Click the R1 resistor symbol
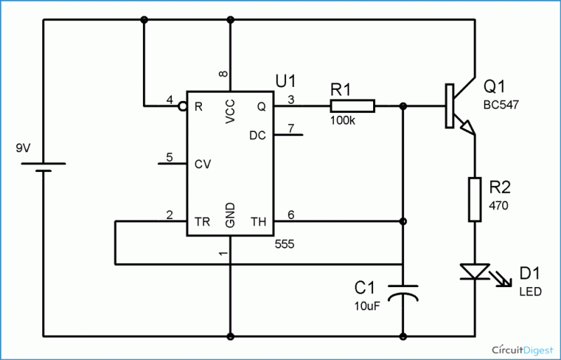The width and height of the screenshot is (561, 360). [x=353, y=107]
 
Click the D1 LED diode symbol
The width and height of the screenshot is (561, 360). [x=475, y=272]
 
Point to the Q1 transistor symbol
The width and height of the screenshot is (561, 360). [x=457, y=107]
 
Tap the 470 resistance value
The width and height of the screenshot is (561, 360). [x=498, y=205]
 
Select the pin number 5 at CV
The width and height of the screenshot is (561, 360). [x=168, y=156]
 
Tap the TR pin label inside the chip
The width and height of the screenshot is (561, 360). [x=201, y=222]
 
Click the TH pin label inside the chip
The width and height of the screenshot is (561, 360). [x=259, y=222]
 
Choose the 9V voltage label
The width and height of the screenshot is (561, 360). [x=23, y=149]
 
